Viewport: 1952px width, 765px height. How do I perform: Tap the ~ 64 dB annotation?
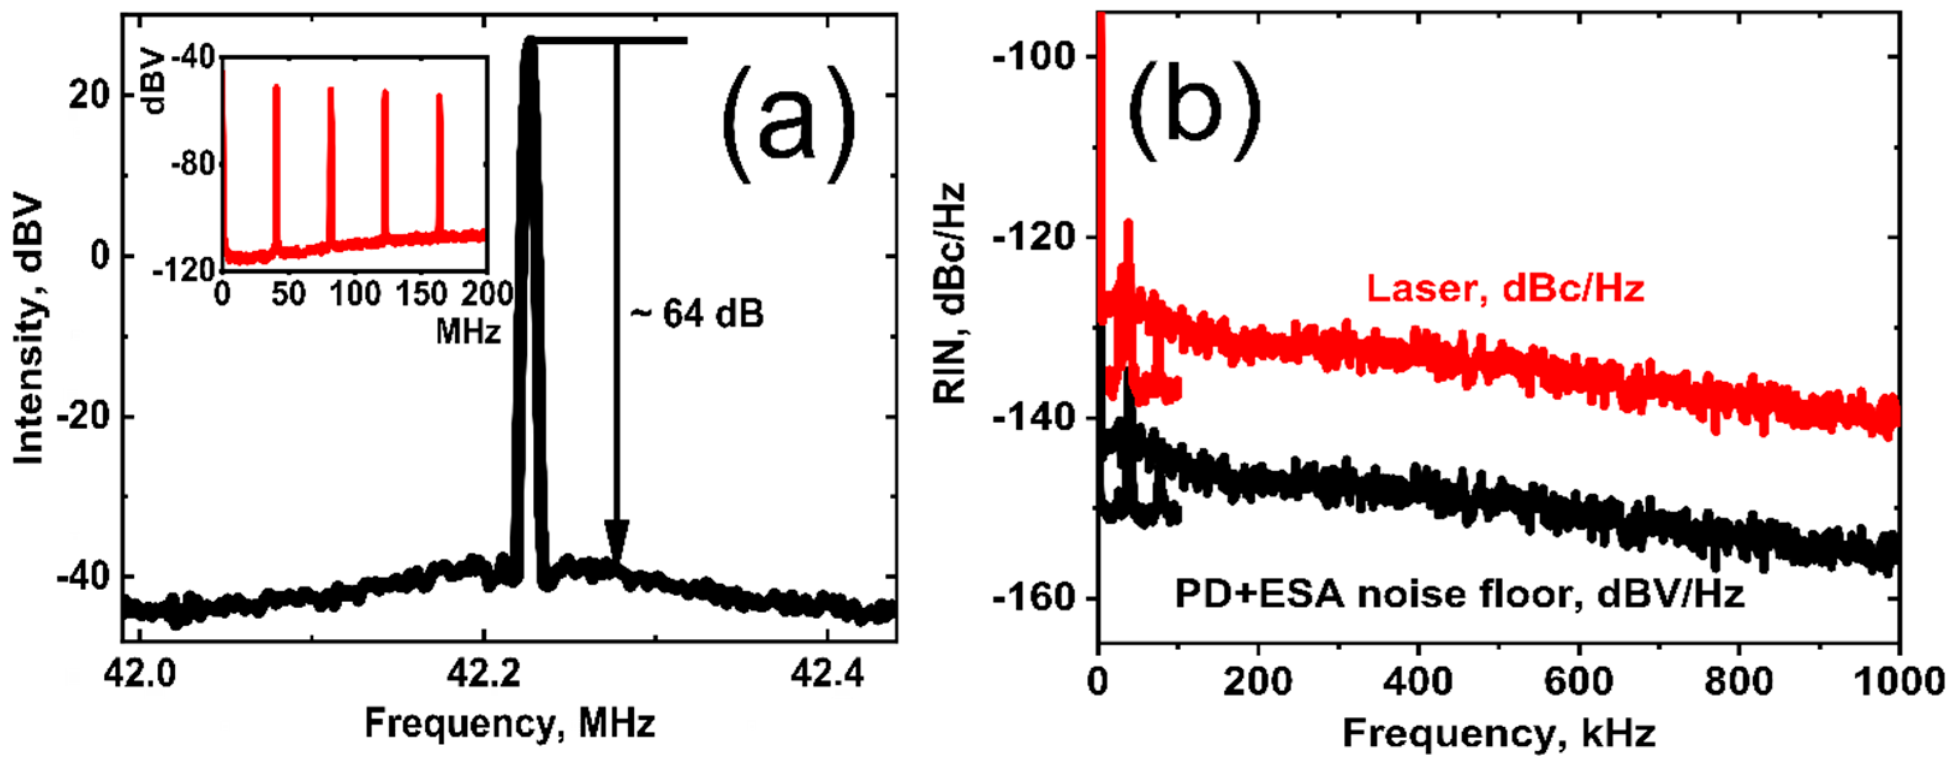[697, 314]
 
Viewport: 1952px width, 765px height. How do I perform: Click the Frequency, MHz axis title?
[509, 722]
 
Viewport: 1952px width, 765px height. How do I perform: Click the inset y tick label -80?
[195, 163]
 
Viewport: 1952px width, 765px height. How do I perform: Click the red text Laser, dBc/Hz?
[1506, 289]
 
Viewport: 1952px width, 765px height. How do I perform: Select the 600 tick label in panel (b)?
[1578, 681]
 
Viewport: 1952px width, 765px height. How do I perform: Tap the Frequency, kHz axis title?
[1500, 733]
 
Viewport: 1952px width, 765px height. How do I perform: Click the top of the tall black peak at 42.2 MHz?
[531, 40]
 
